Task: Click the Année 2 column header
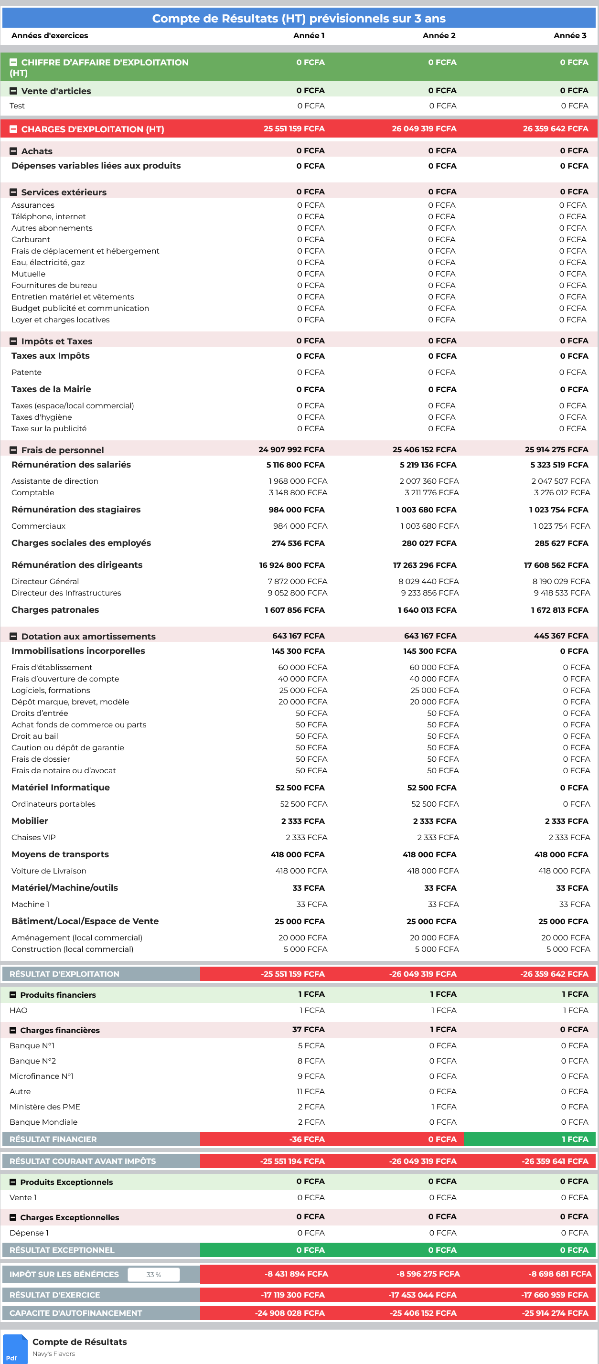439,35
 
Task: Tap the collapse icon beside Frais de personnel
14,450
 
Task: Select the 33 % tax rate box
154,1275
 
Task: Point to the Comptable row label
33,492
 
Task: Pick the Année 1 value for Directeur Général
297,581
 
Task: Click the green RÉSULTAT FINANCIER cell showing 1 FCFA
529,1139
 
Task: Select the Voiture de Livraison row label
49,871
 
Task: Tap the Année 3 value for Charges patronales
559,610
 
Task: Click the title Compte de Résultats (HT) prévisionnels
299,19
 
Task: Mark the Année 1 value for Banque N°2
311,1061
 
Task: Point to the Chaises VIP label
33,837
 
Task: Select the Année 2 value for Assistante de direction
429,481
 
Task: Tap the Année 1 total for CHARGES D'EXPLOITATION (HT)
294,128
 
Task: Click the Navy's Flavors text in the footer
53,1354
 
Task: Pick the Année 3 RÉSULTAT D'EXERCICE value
555,1295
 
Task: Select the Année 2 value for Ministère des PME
443,1107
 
